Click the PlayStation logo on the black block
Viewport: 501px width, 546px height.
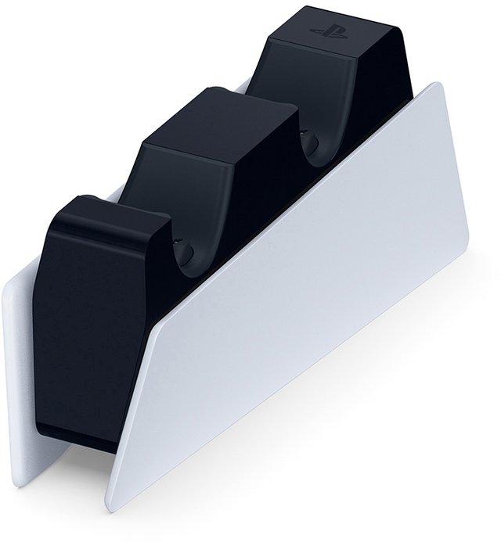coord(330,31)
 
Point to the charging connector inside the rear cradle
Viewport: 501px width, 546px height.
coord(308,143)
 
